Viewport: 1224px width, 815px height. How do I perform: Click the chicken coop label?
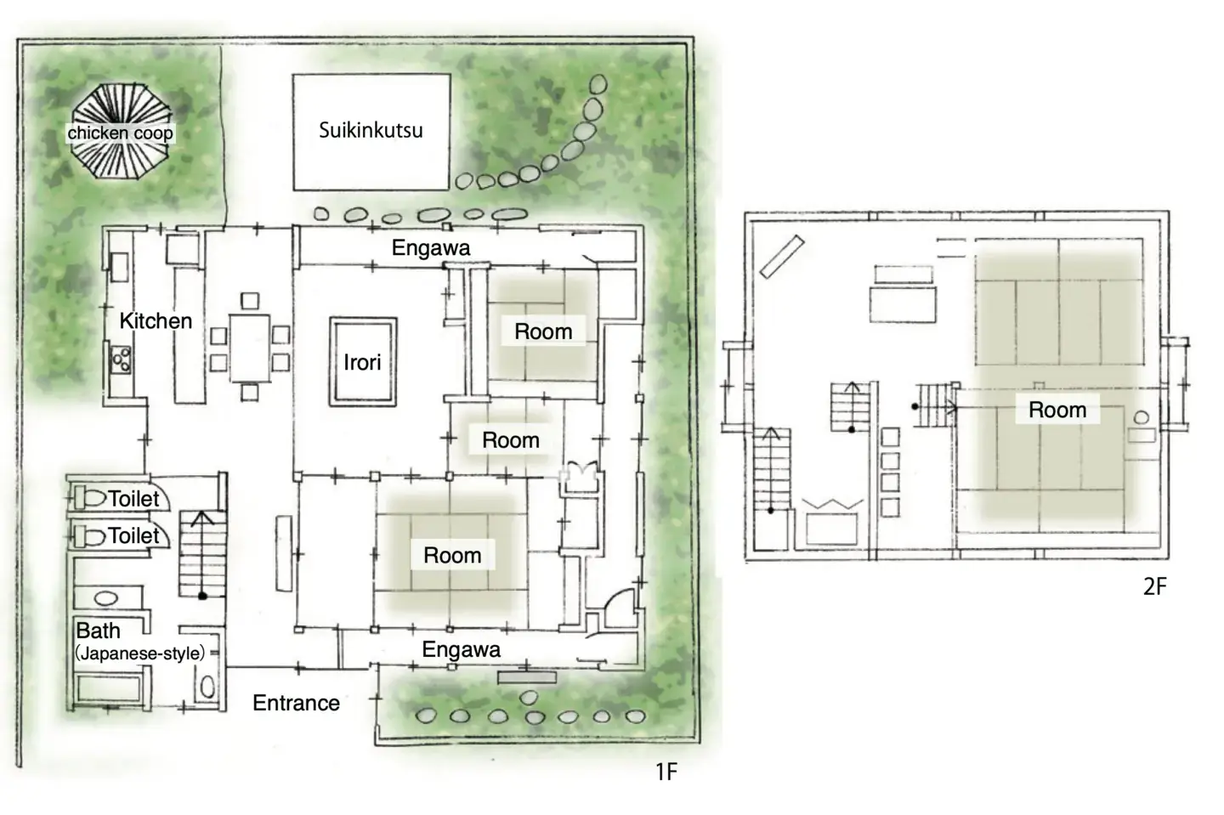120,133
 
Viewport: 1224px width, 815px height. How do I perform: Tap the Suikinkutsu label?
371,130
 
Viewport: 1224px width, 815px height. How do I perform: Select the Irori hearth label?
362,362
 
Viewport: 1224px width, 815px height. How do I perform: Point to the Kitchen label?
156,320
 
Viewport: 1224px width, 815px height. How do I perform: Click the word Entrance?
296,703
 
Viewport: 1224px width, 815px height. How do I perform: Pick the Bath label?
99,631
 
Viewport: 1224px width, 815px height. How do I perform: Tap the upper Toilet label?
134,498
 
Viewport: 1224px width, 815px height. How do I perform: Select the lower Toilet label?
134,535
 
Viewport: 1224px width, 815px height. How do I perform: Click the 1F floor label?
666,772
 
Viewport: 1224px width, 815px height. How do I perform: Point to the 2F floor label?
1154,586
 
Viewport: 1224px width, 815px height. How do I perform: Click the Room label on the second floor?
1057,410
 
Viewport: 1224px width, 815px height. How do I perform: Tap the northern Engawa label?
431,248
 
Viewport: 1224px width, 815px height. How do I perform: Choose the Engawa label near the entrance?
462,649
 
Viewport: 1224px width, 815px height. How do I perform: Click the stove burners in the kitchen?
121,359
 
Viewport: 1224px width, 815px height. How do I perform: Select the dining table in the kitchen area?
250,348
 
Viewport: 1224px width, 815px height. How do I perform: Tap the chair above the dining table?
250,301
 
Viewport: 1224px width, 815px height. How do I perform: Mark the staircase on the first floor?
202,554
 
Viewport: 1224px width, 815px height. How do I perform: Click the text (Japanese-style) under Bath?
140,654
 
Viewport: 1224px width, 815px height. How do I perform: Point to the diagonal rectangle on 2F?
782,257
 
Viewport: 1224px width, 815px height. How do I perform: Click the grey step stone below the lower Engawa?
527,678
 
